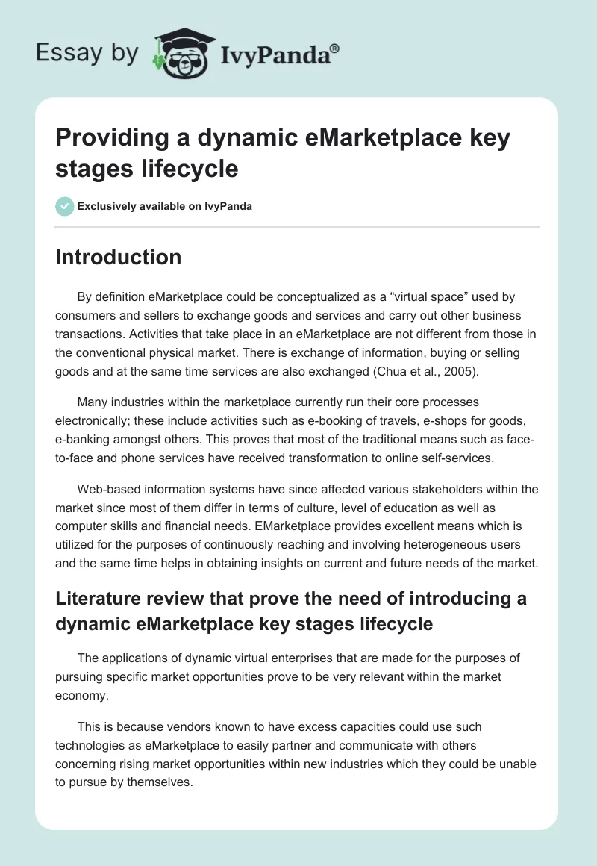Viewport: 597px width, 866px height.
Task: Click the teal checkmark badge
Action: (x=65, y=206)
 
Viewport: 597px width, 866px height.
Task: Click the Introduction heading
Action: (x=118, y=258)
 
